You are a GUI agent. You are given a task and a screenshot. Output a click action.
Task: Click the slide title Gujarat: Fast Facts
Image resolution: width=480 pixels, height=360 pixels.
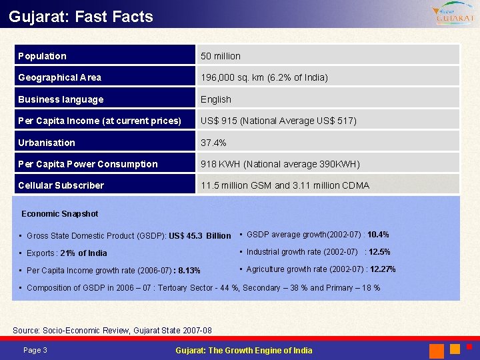pos(81,17)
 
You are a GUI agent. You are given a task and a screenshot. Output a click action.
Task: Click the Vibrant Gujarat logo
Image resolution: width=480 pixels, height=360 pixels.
pos(453,14)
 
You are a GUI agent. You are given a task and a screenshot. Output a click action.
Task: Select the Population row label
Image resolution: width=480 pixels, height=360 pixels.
pos(42,56)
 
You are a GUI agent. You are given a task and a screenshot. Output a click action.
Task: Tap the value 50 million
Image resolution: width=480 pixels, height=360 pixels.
pos(221,56)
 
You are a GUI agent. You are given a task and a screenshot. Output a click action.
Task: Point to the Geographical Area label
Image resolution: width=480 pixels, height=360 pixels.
pos(60,77)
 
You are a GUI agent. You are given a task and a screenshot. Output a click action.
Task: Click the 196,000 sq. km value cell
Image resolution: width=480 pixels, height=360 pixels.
pos(264,77)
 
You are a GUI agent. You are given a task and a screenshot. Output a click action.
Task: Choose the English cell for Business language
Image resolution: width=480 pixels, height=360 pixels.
pos(216,99)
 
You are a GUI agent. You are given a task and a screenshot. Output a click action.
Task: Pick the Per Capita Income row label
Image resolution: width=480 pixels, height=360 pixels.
pos(99,121)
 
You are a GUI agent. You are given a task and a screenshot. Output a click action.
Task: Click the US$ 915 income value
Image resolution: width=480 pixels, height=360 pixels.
pos(279,121)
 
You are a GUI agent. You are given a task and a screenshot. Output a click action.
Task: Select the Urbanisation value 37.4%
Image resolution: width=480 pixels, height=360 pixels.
pos(213,143)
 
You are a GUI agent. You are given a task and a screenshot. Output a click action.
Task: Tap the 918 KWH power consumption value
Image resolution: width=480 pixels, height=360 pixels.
pos(280,164)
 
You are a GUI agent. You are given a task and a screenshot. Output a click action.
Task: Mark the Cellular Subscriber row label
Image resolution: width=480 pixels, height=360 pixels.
pos(61,185)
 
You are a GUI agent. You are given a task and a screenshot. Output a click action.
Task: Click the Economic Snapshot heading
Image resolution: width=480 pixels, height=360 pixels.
pos(59,214)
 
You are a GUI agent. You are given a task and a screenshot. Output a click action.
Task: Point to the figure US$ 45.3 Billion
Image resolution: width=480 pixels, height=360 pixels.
pos(200,236)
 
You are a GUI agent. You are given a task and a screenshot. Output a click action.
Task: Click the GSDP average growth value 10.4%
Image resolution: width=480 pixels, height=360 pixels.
pos(378,235)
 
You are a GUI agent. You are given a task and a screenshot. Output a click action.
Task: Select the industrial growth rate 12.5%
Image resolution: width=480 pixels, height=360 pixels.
pos(379,252)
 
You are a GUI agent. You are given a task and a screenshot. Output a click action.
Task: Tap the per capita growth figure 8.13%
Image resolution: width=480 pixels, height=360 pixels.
pos(187,271)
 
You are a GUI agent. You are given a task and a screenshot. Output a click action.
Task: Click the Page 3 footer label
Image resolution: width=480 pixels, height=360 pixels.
pos(35,351)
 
